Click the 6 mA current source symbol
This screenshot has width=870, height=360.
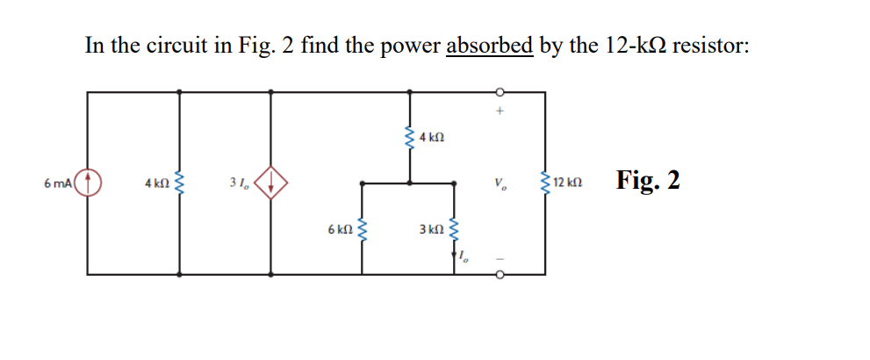tap(89, 184)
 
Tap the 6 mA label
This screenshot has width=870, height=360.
tap(59, 184)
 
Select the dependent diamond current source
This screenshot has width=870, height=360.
tap(271, 184)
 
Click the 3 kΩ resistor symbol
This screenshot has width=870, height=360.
tap(455, 229)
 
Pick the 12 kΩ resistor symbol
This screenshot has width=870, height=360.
tap(544, 184)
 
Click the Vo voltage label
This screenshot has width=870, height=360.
tap(500, 184)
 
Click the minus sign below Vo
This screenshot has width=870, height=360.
tap(500, 257)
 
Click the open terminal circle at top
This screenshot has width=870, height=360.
tap(500, 91)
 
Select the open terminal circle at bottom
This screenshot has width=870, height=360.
tap(500, 275)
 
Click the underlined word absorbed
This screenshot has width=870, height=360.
tap(489, 45)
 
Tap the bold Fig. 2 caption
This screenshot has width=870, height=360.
tap(648, 180)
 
